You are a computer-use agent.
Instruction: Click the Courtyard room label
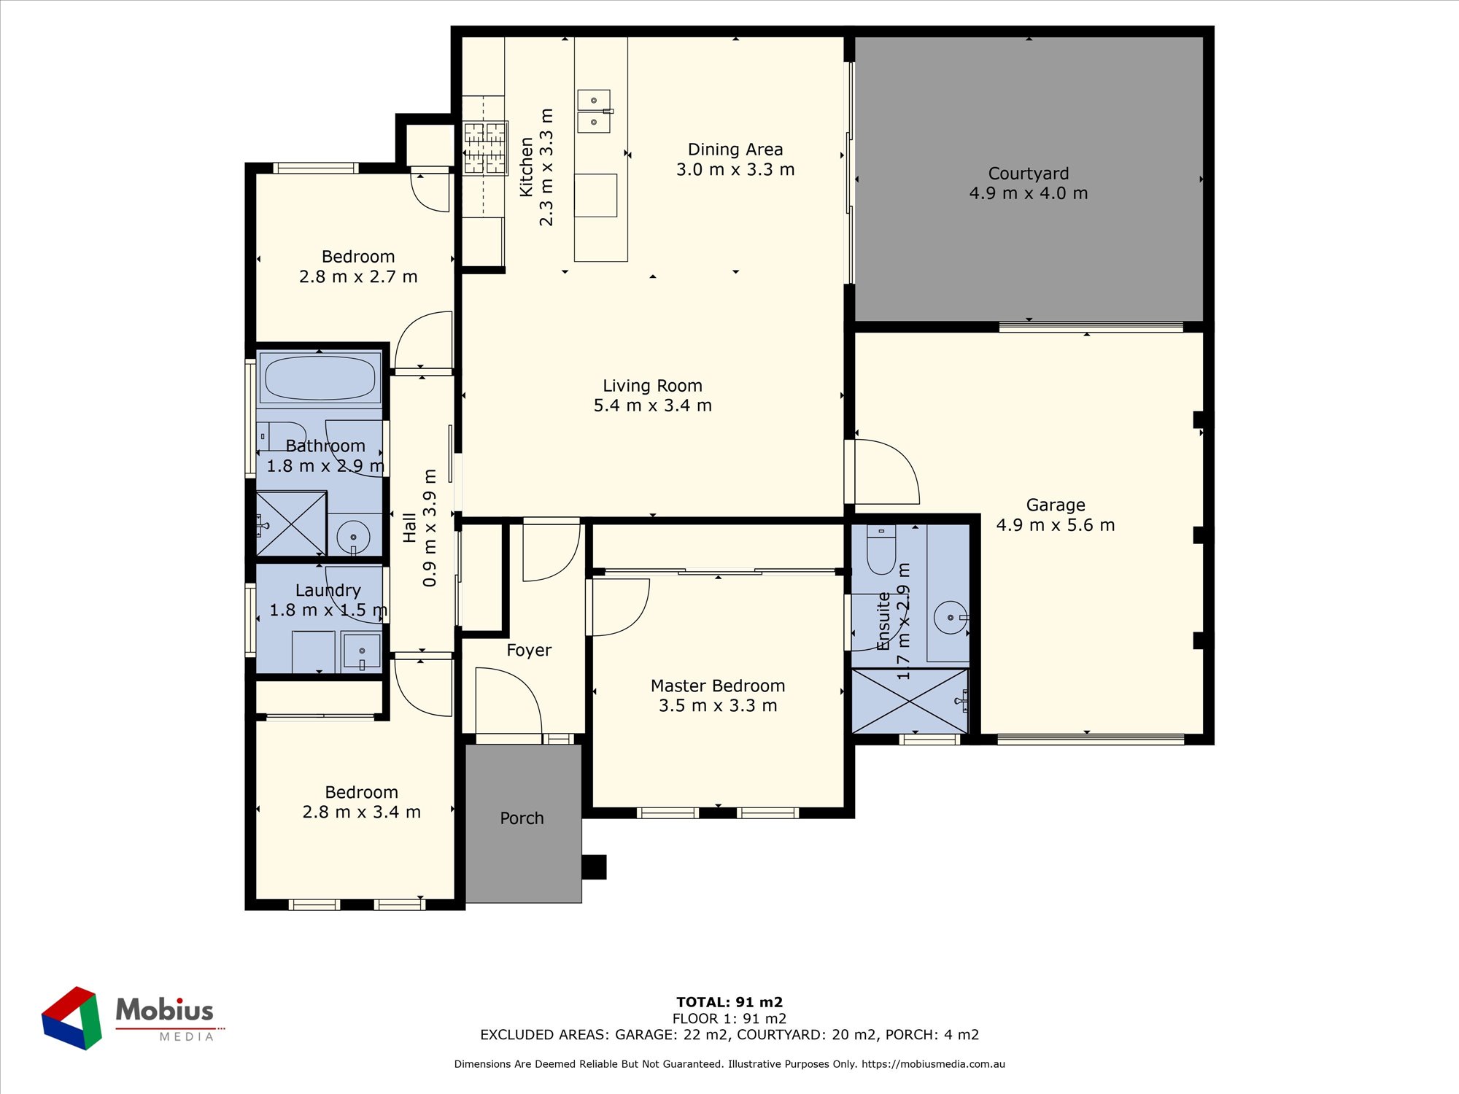point(1028,174)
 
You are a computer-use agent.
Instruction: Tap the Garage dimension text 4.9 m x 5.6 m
point(1056,525)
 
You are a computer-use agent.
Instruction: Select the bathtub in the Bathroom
point(320,378)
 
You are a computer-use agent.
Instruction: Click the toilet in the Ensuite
point(881,550)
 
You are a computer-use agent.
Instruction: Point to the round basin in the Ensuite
point(951,618)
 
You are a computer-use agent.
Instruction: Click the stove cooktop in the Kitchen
point(485,149)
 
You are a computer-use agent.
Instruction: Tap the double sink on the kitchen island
point(595,112)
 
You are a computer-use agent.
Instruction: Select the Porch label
point(522,818)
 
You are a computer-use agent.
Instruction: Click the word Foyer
point(529,650)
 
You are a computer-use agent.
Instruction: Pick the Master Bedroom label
point(718,686)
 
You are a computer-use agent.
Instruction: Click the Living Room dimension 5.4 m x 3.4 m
point(652,406)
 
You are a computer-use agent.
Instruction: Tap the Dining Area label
point(735,150)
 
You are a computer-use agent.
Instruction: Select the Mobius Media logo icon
point(71,1018)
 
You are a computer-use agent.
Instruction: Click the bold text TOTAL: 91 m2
point(729,1002)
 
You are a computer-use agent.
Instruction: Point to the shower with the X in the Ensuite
point(910,701)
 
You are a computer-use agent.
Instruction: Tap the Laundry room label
point(328,590)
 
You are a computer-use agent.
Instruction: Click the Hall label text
point(409,527)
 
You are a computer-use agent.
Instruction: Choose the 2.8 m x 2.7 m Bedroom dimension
point(358,276)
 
